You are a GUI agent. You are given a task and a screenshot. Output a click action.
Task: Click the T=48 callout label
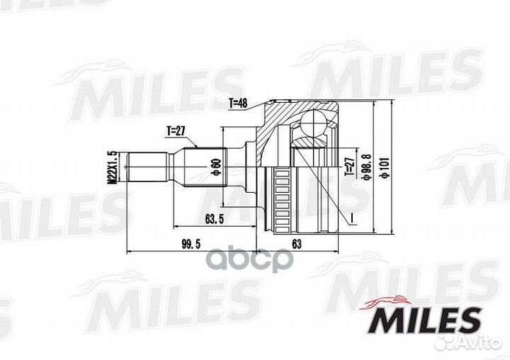(x=238, y=103)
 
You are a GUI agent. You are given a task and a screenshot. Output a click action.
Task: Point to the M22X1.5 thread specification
(x=110, y=167)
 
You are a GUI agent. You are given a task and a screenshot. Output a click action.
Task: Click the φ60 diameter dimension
(x=215, y=167)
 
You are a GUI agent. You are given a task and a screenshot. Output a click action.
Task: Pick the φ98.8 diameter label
(x=366, y=167)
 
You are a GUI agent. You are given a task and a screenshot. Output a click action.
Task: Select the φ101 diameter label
(x=384, y=167)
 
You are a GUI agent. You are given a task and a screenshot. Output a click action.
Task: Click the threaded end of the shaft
(x=145, y=167)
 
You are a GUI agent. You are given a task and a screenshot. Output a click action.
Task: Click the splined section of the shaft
(x=205, y=167)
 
